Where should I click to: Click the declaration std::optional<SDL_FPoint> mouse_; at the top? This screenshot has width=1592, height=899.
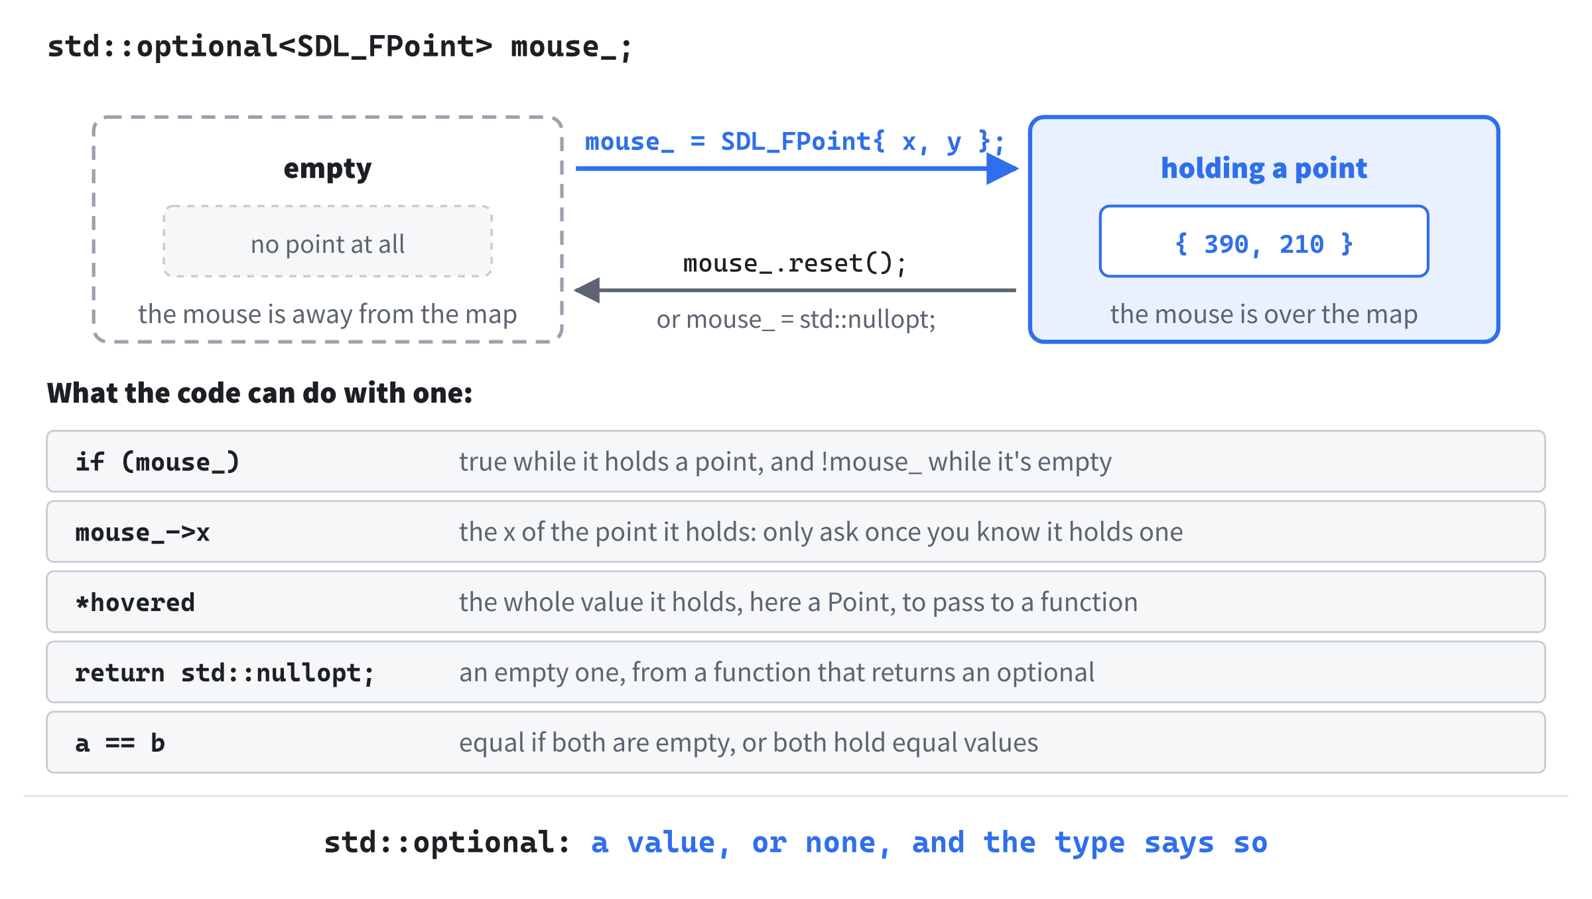(x=340, y=47)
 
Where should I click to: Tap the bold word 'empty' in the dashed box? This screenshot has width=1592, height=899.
(x=328, y=169)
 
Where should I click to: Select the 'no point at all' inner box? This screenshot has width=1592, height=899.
(x=328, y=241)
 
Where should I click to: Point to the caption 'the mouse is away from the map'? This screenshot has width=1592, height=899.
(x=328, y=314)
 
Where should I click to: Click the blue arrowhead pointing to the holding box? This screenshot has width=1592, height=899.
(x=1002, y=169)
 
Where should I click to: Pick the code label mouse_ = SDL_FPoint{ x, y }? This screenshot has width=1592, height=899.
(x=795, y=141)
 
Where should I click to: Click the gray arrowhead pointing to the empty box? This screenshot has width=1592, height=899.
(x=587, y=290)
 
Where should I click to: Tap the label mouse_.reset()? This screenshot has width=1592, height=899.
(x=795, y=263)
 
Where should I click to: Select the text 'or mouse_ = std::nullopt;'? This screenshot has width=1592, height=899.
(x=796, y=320)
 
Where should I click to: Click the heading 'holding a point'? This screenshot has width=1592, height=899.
(x=1264, y=169)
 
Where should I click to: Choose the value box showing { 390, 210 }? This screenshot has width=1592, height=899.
(x=1264, y=241)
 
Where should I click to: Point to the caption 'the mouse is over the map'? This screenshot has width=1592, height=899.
(x=1264, y=314)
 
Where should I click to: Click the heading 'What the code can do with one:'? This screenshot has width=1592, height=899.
(x=259, y=393)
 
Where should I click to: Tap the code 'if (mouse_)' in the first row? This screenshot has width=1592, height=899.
(x=157, y=462)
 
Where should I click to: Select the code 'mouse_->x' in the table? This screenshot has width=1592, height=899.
(x=143, y=532)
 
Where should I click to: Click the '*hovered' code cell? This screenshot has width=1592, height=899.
(x=135, y=602)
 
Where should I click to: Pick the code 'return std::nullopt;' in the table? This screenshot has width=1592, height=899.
(x=225, y=673)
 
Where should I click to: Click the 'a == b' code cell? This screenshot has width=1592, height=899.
(x=120, y=743)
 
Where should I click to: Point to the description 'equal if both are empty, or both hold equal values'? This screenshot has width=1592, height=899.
(x=748, y=742)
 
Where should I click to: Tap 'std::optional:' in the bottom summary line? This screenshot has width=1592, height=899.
(x=447, y=843)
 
